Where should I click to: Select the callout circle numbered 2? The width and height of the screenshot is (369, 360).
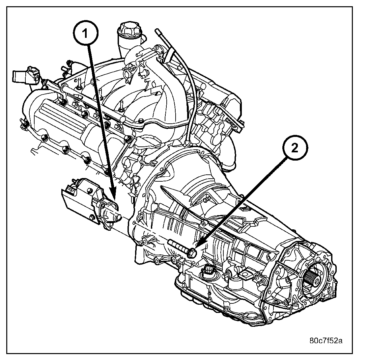294,148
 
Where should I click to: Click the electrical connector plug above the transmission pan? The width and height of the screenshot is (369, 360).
209,272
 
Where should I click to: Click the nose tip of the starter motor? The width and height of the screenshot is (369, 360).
120,217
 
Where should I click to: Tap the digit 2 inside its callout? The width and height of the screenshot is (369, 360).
294,148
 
